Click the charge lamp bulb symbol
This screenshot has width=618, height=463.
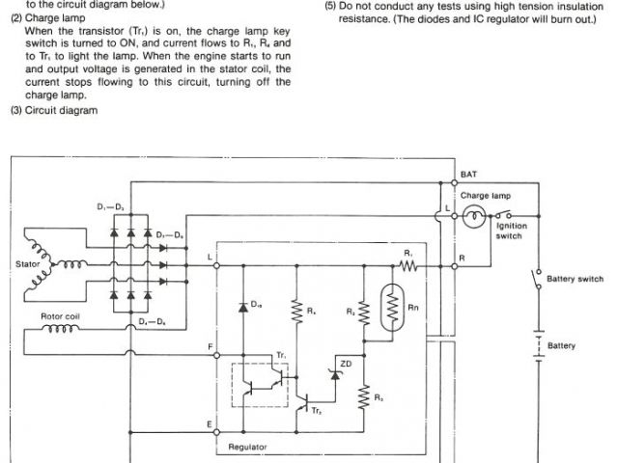tap(472, 218)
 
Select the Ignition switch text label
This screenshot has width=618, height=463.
tap(511, 231)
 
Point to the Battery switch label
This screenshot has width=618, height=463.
tap(575, 279)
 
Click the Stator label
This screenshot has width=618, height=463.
tap(28, 261)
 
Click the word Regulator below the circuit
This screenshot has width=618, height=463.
tap(248, 447)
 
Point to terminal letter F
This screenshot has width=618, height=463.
tap(211, 344)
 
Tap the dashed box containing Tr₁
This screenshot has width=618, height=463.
tap(259, 385)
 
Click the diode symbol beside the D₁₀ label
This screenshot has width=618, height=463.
tap(242, 306)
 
